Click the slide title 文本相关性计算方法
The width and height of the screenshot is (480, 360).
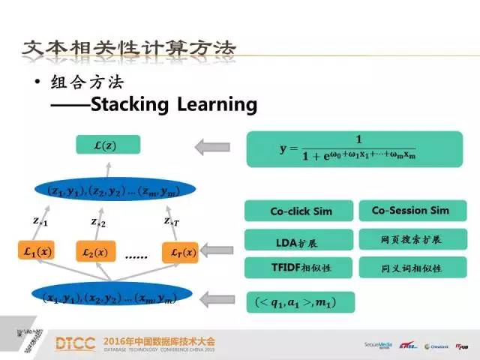click(x=127, y=49)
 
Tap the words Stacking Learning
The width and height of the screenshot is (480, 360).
click(x=173, y=104)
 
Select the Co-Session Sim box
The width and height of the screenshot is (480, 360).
click(x=409, y=210)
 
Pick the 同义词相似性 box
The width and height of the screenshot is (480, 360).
click(x=409, y=268)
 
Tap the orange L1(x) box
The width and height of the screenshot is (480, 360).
click(x=37, y=252)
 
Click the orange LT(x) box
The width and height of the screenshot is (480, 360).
click(x=178, y=252)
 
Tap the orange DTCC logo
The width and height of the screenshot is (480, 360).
click(x=75, y=343)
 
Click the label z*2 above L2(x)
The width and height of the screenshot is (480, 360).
click(x=98, y=223)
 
